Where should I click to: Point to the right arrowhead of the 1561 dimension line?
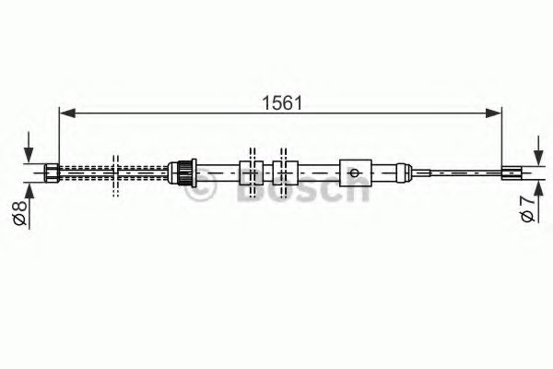(x=495, y=114)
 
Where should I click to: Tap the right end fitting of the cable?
(x=511, y=170)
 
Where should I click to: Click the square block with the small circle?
(x=355, y=171)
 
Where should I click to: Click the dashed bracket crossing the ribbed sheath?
(x=115, y=173)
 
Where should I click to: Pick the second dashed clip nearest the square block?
(x=280, y=171)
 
